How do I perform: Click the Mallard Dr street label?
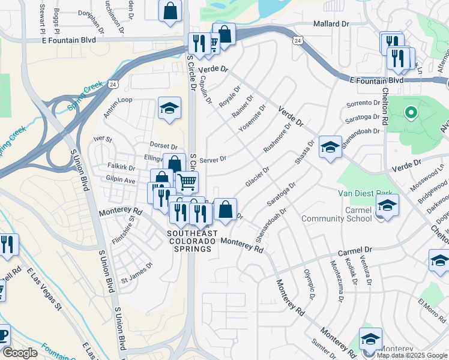[x=331, y=24]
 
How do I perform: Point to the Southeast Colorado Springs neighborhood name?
[x=190, y=241]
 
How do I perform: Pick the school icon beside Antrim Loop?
[x=170, y=109]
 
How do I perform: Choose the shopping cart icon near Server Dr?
[x=187, y=180]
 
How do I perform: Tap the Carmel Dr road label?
[x=355, y=249]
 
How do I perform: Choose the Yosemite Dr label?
[x=252, y=118]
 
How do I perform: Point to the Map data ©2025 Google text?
[x=411, y=355]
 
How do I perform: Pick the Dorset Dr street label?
[x=163, y=146]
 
